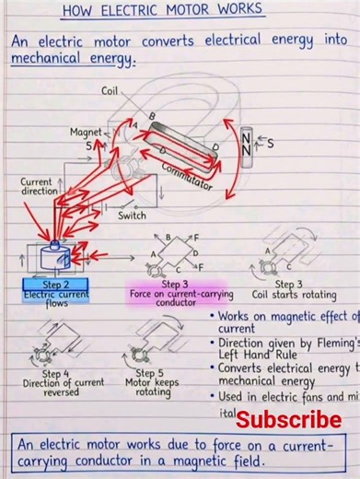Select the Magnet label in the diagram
click(86, 132)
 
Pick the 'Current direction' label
click(36, 188)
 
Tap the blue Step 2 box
click(55, 284)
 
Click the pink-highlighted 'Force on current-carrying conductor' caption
click(180, 294)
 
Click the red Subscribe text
click(287, 420)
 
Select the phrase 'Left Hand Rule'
click(262, 355)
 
